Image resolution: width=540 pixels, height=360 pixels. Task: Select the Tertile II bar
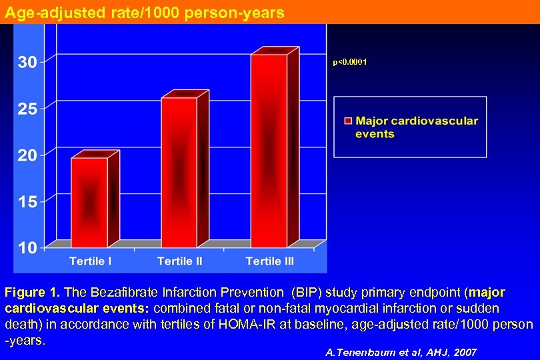(x=179, y=170)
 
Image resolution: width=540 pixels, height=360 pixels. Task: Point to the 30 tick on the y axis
(x=27, y=62)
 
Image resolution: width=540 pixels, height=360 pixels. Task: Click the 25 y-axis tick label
(x=27, y=109)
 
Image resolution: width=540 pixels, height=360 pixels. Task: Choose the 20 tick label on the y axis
(x=27, y=155)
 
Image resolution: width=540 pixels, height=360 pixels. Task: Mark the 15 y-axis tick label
(x=27, y=202)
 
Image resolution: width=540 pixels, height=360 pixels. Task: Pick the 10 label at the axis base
(x=27, y=248)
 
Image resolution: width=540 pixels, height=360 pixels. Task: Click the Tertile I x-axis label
(x=91, y=261)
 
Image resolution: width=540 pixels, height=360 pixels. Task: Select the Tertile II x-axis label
(x=179, y=261)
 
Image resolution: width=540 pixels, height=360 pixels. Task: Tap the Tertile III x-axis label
(x=269, y=261)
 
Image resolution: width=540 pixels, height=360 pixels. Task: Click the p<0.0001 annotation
(x=350, y=62)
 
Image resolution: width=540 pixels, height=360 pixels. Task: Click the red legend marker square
(x=347, y=121)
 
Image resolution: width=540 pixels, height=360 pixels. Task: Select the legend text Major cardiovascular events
(x=416, y=127)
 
